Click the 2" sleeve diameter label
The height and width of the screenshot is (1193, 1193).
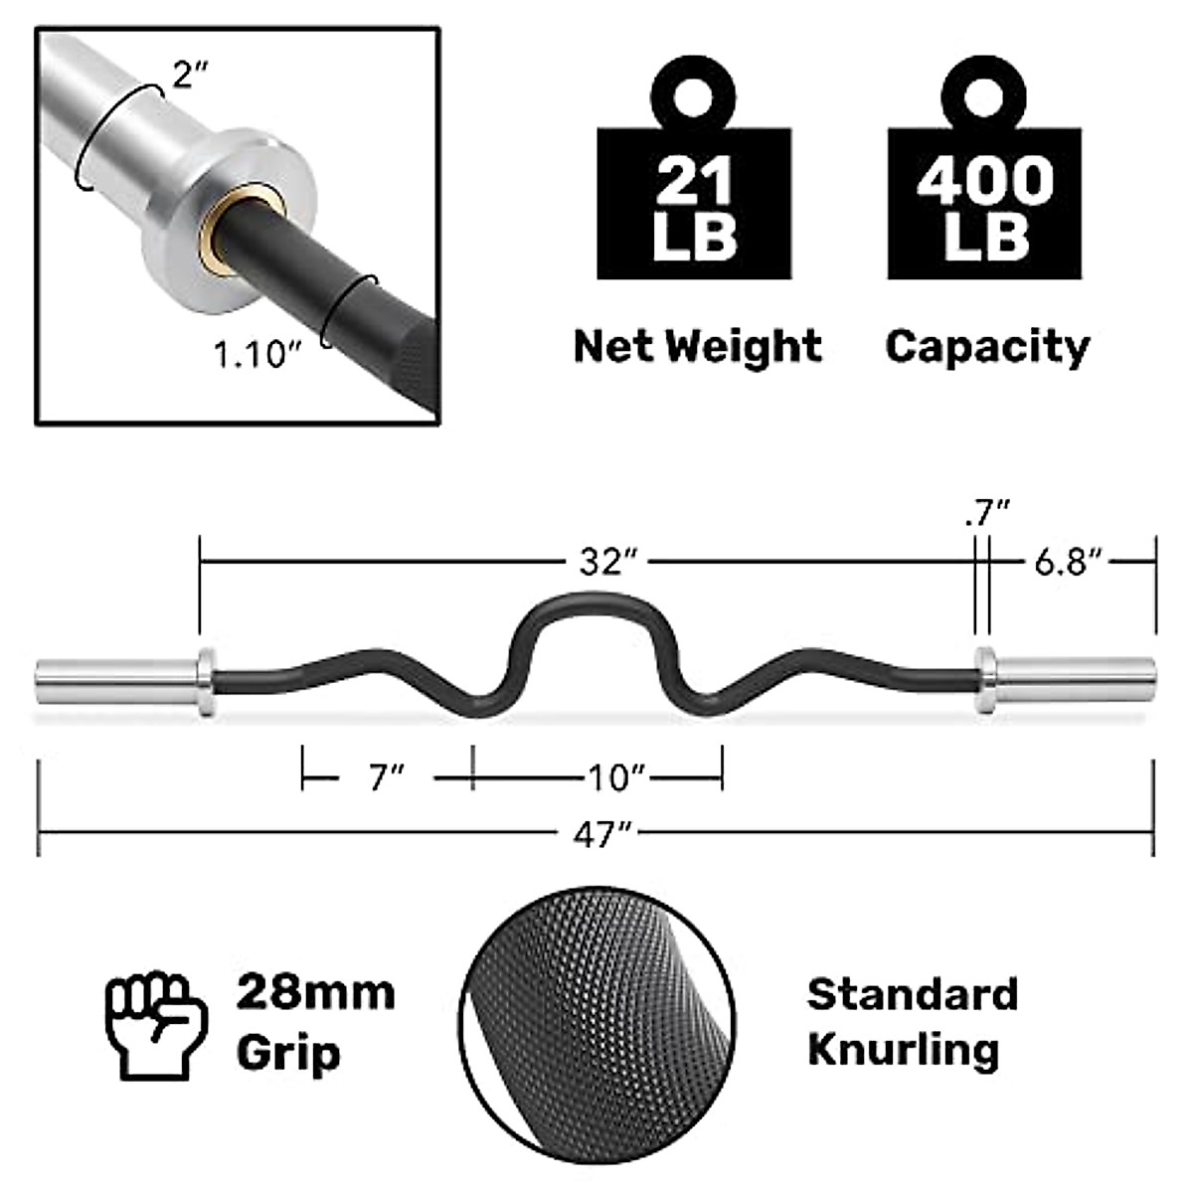coord(187,74)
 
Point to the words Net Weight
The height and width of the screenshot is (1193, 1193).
coord(697,346)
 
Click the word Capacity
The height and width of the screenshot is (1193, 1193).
coord(987,346)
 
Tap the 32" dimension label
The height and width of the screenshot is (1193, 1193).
coord(607,562)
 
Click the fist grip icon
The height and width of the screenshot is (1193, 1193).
coord(156,1025)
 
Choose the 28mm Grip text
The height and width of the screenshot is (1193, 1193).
coord(315,1023)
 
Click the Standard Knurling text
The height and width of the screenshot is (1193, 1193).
coord(912,1021)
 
